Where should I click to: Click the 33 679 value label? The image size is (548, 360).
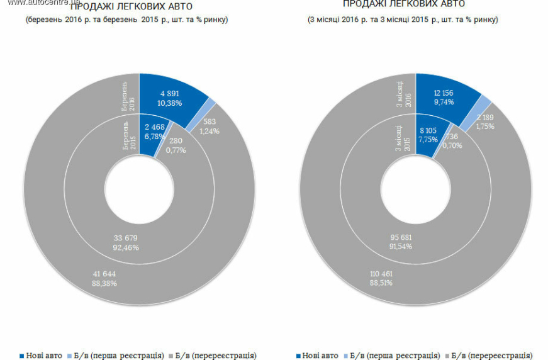[126, 238]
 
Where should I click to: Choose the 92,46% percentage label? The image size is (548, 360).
[126, 247]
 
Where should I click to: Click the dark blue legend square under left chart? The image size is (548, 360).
[21, 356]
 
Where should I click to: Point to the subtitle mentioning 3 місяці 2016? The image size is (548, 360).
[403, 20]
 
